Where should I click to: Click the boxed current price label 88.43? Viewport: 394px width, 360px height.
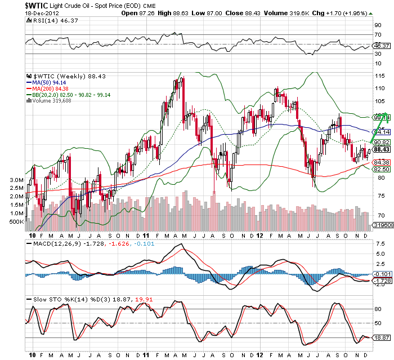click(381, 149)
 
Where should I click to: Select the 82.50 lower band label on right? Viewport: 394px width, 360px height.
click(381, 168)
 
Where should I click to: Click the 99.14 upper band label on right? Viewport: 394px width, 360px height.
click(381, 118)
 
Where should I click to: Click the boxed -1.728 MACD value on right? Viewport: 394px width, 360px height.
click(381, 280)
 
